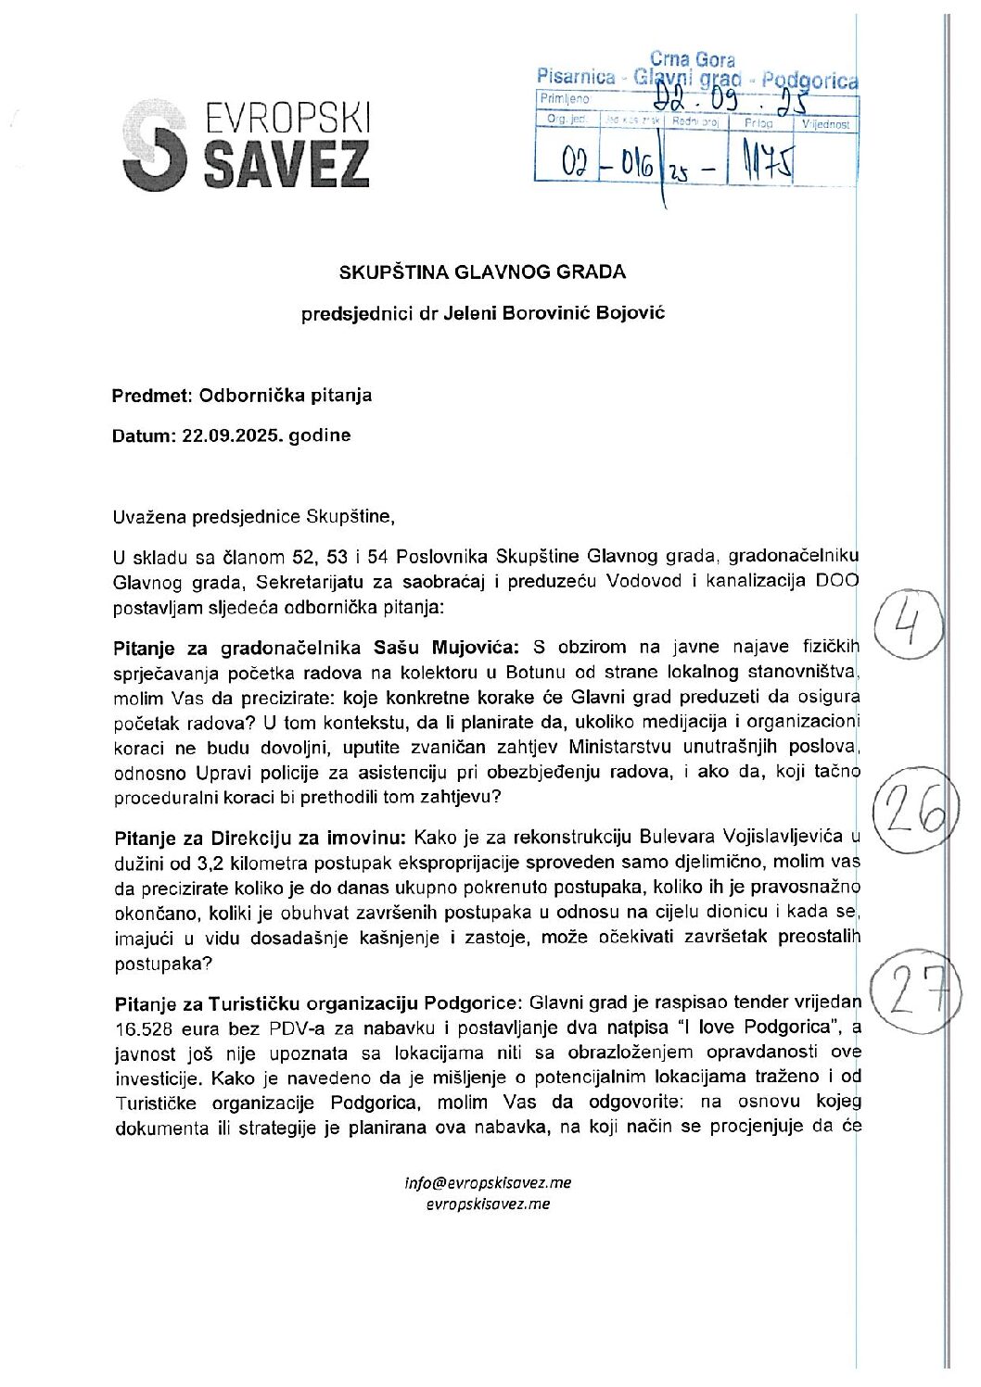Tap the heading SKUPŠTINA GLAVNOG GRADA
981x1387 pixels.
[x=482, y=272]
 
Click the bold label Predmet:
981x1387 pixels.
[x=149, y=396]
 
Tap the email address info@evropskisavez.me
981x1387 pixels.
[x=488, y=1182]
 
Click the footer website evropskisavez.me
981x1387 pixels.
[x=488, y=1204]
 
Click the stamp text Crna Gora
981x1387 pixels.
[x=692, y=60]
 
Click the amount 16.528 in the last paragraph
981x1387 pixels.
[x=146, y=1028]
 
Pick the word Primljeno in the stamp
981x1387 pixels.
[x=565, y=99]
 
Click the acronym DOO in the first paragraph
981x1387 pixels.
[x=837, y=581]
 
